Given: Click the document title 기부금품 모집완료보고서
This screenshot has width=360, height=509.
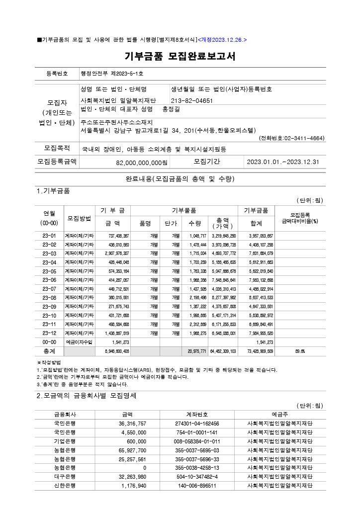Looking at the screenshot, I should click(180, 57).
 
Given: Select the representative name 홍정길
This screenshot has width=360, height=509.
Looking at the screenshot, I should click(172, 109).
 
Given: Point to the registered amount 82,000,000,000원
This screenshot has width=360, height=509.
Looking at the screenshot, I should click(142, 163).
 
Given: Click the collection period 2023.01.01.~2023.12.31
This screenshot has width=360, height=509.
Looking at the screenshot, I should click(283, 162).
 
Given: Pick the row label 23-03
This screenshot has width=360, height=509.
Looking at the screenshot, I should click(50, 253).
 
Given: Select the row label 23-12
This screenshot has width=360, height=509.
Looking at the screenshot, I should click(50, 333).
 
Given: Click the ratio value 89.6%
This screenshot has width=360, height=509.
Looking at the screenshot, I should click(300, 350).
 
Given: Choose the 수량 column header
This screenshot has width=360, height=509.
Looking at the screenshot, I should click(195, 224).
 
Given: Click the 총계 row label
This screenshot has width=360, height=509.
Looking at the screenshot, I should click(50, 350).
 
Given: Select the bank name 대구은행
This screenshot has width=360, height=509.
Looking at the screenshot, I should click(65, 477).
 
